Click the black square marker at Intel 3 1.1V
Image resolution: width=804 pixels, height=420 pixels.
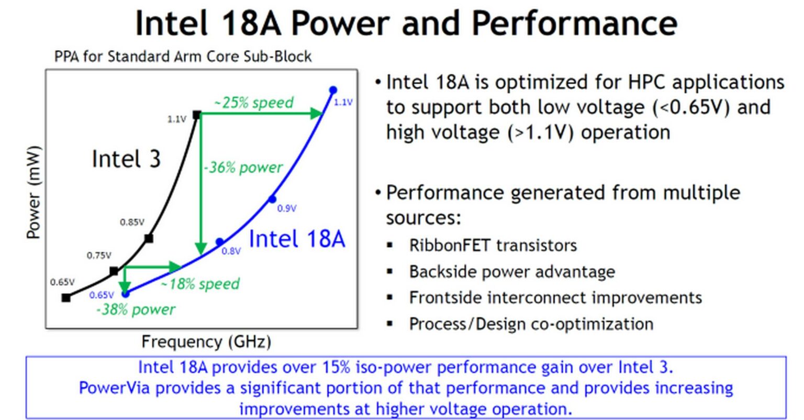pyautogui.click(x=197, y=115)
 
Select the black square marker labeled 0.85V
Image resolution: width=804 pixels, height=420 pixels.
pyautogui.click(x=149, y=238)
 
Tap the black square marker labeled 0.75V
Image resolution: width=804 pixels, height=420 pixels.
pyautogui.click(x=114, y=271)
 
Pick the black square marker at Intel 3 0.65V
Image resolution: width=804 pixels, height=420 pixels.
pyautogui.click(x=66, y=297)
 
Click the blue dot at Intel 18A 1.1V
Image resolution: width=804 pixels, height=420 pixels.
pyautogui.click(x=333, y=90)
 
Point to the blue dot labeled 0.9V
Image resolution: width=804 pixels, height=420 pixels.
pyautogui.click(x=272, y=199)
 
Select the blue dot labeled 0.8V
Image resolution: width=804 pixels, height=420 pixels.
pyautogui.click(x=220, y=242)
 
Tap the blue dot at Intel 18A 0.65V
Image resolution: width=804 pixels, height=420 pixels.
pyautogui.click(x=125, y=294)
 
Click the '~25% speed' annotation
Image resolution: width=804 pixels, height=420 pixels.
pyautogui.click(x=253, y=103)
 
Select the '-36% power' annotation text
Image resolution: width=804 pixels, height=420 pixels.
pyautogui.click(x=243, y=168)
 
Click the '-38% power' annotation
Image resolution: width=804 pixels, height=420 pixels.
pyautogui.click(x=136, y=310)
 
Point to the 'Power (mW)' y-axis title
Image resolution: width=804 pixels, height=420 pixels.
pyautogui.click(x=33, y=192)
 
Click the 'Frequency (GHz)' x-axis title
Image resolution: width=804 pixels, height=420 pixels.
pyautogui.click(x=206, y=342)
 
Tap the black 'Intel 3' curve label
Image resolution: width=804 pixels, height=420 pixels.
pyautogui.click(x=126, y=159)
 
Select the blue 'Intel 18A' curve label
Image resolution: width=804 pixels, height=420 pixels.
pyautogui.click(x=297, y=239)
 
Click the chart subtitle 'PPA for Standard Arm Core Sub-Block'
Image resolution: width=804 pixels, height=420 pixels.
pyautogui.click(x=183, y=56)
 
